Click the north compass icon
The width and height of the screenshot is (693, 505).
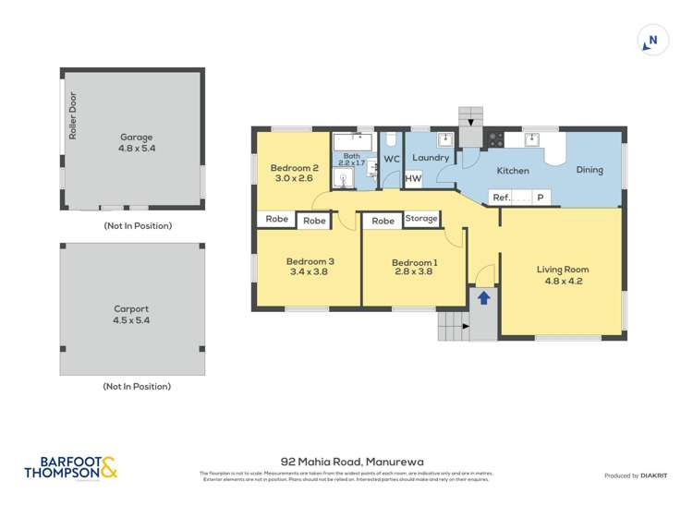[653, 41]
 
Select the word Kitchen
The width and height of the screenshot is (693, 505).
[513, 171]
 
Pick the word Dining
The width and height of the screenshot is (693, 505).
[590, 170]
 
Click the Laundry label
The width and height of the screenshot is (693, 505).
[431, 158]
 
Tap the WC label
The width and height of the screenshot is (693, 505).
[392, 159]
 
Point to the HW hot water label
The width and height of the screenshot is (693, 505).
[413, 179]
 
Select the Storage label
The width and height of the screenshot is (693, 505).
[420, 219]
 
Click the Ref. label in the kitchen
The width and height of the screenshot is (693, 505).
[502, 198]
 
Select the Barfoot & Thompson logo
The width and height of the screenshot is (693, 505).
[71, 468]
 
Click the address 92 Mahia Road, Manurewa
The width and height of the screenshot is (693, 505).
[346, 459]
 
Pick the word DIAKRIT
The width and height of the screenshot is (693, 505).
[654, 475]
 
